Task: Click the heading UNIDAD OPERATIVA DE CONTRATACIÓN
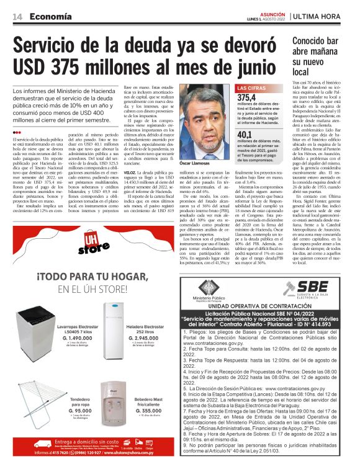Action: (262, 305)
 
